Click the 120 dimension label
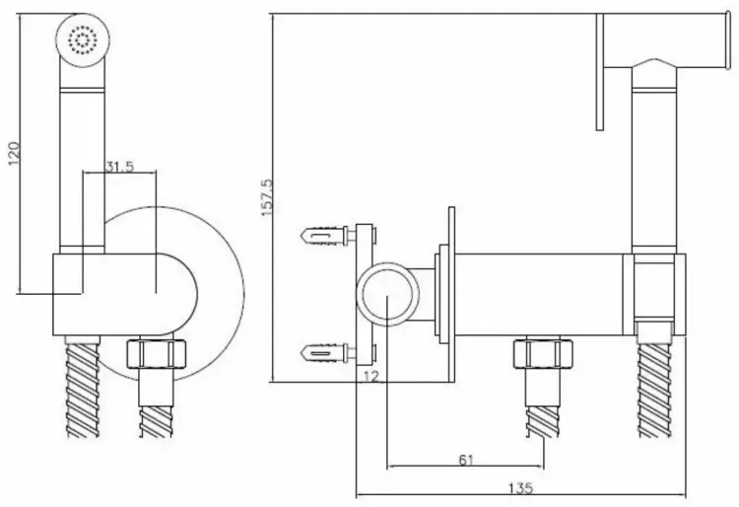(x=14, y=153)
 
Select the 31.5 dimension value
(x=119, y=167)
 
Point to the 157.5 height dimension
(x=267, y=197)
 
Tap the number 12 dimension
(x=371, y=376)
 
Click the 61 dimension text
(x=466, y=459)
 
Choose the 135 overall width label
(x=521, y=487)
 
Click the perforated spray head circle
(x=83, y=38)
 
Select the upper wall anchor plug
(x=324, y=235)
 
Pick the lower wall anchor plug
(x=324, y=353)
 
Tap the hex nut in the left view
(x=157, y=353)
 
